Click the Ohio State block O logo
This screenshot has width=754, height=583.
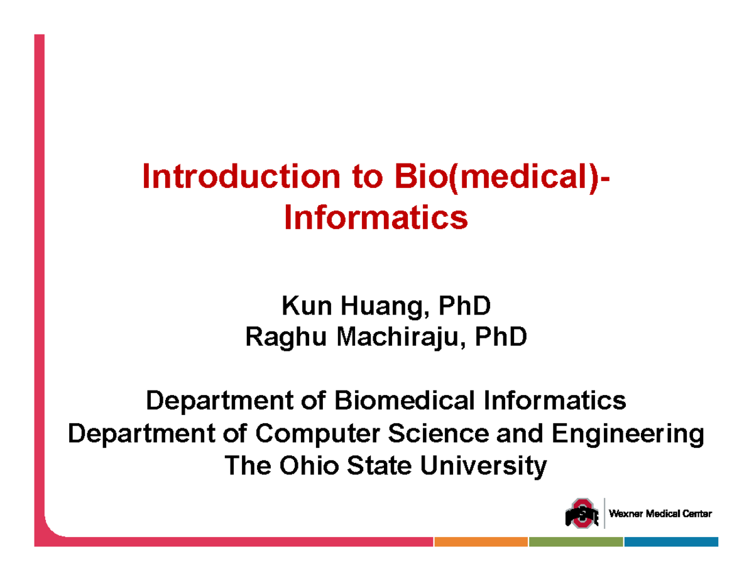coord(581,514)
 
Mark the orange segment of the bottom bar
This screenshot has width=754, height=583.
coord(481,541)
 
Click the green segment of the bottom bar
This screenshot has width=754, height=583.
coord(576,541)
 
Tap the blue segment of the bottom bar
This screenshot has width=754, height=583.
coord(671,541)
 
